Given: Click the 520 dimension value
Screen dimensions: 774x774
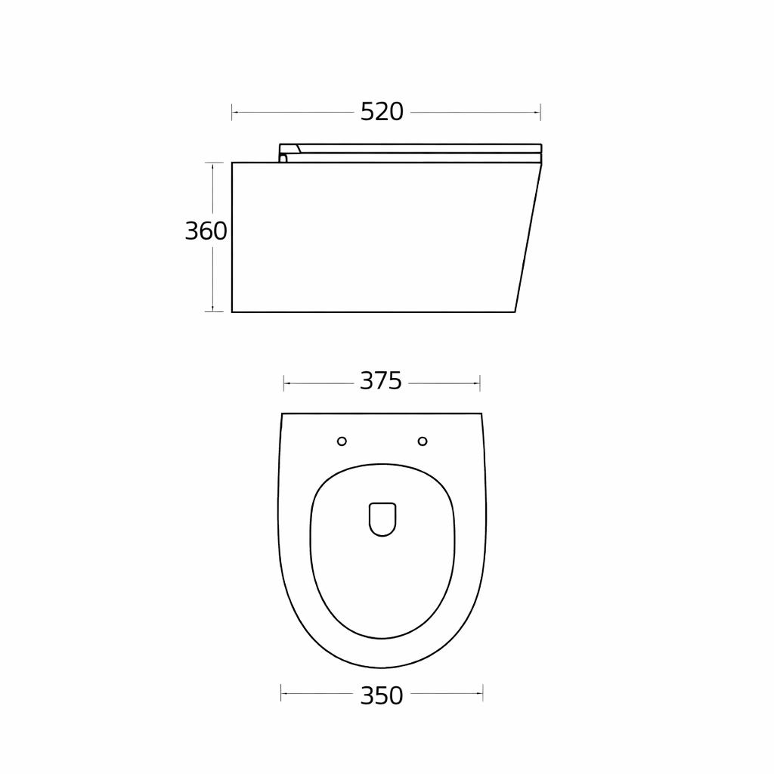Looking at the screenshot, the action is pyautogui.click(x=382, y=112).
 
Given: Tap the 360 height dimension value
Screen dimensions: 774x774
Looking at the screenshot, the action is pyautogui.click(x=206, y=231).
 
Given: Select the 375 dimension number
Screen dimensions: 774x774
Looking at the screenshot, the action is pyautogui.click(x=381, y=381).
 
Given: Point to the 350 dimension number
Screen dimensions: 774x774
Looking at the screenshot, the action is pyautogui.click(x=382, y=695).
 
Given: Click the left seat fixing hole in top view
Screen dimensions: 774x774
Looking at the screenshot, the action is pyautogui.click(x=342, y=441).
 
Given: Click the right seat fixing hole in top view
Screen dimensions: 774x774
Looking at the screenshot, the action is pyautogui.click(x=423, y=441).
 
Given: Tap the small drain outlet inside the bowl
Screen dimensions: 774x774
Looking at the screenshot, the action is pyautogui.click(x=382, y=519).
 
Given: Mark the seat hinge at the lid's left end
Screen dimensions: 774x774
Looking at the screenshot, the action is pyautogui.click(x=283, y=157).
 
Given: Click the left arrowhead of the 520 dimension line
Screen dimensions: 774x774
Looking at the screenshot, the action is pyautogui.click(x=235, y=113).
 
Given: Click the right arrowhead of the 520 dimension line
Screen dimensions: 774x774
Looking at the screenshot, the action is pyautogui.click(x=537, y=113).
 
